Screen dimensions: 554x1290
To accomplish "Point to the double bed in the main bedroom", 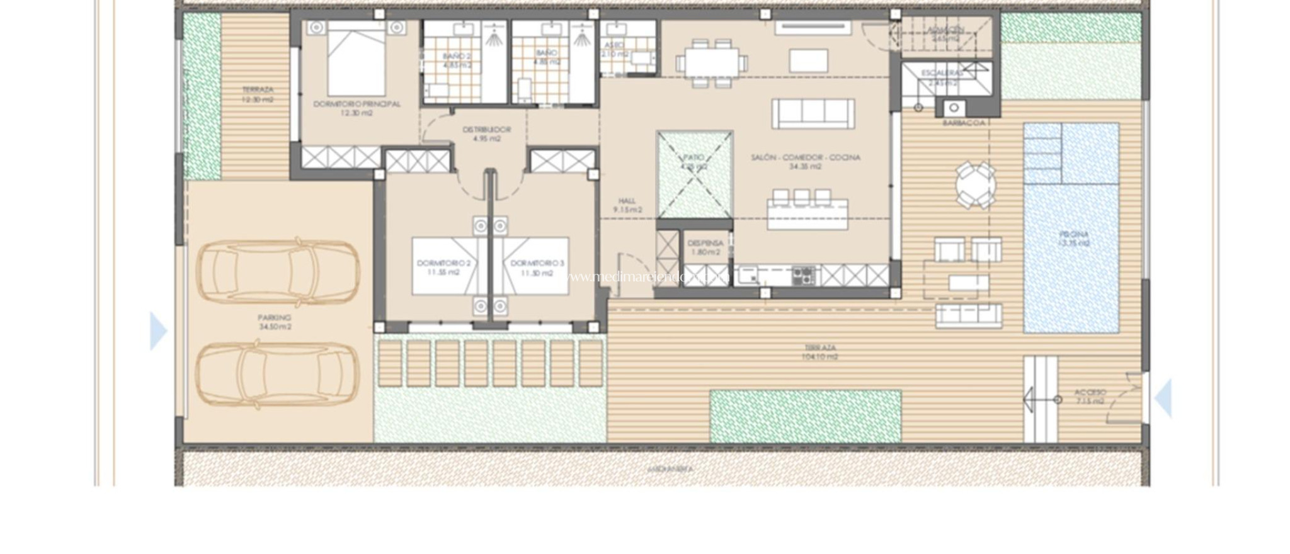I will point(356,60).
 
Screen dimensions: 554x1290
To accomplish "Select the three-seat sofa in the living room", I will point(813,114).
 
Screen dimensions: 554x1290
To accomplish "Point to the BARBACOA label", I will point(964,123).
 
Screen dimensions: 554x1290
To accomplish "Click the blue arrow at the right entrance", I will point(1163,398).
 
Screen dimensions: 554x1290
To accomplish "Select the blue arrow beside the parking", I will point(158,331).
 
